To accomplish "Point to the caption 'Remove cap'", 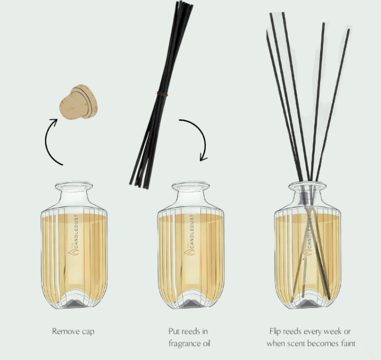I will pos(73,331).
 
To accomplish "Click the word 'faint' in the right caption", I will pos(347,343).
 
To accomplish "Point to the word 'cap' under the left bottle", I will pos(87,331).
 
